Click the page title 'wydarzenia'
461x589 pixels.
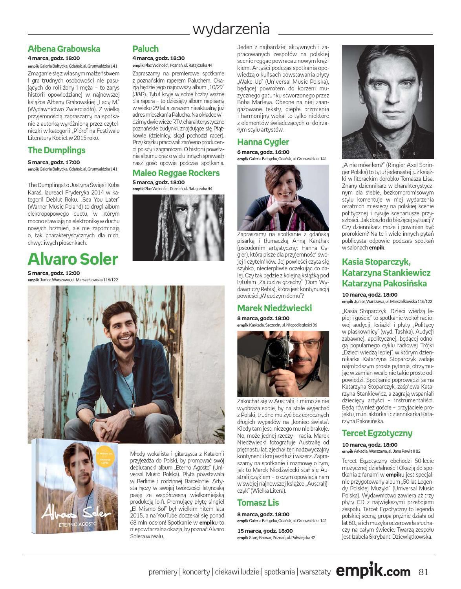click(x=231, y=29)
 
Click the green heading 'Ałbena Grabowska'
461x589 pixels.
click(x=64, y=49)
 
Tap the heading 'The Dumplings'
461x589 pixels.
click(x=57, y=150)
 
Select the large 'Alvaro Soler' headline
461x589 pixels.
click(x=73, y=259)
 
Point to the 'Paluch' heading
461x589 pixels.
click(x=145, y=49)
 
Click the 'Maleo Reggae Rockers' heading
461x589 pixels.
click(x=176, y=173)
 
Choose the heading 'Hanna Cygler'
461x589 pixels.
click(x=263, y=142)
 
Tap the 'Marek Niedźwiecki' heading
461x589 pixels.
click(x=274, y=308)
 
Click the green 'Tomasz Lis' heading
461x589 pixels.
click(x=258, y=503)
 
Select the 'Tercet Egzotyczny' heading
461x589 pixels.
click(x=377, y=433)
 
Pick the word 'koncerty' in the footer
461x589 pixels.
click(x=196, y=572)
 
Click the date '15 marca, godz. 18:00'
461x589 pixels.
click(x=265, y=531)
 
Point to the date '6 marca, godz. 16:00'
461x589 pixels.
click(x=263, y=152)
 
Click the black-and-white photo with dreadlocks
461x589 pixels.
click(x=178, y=227)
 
